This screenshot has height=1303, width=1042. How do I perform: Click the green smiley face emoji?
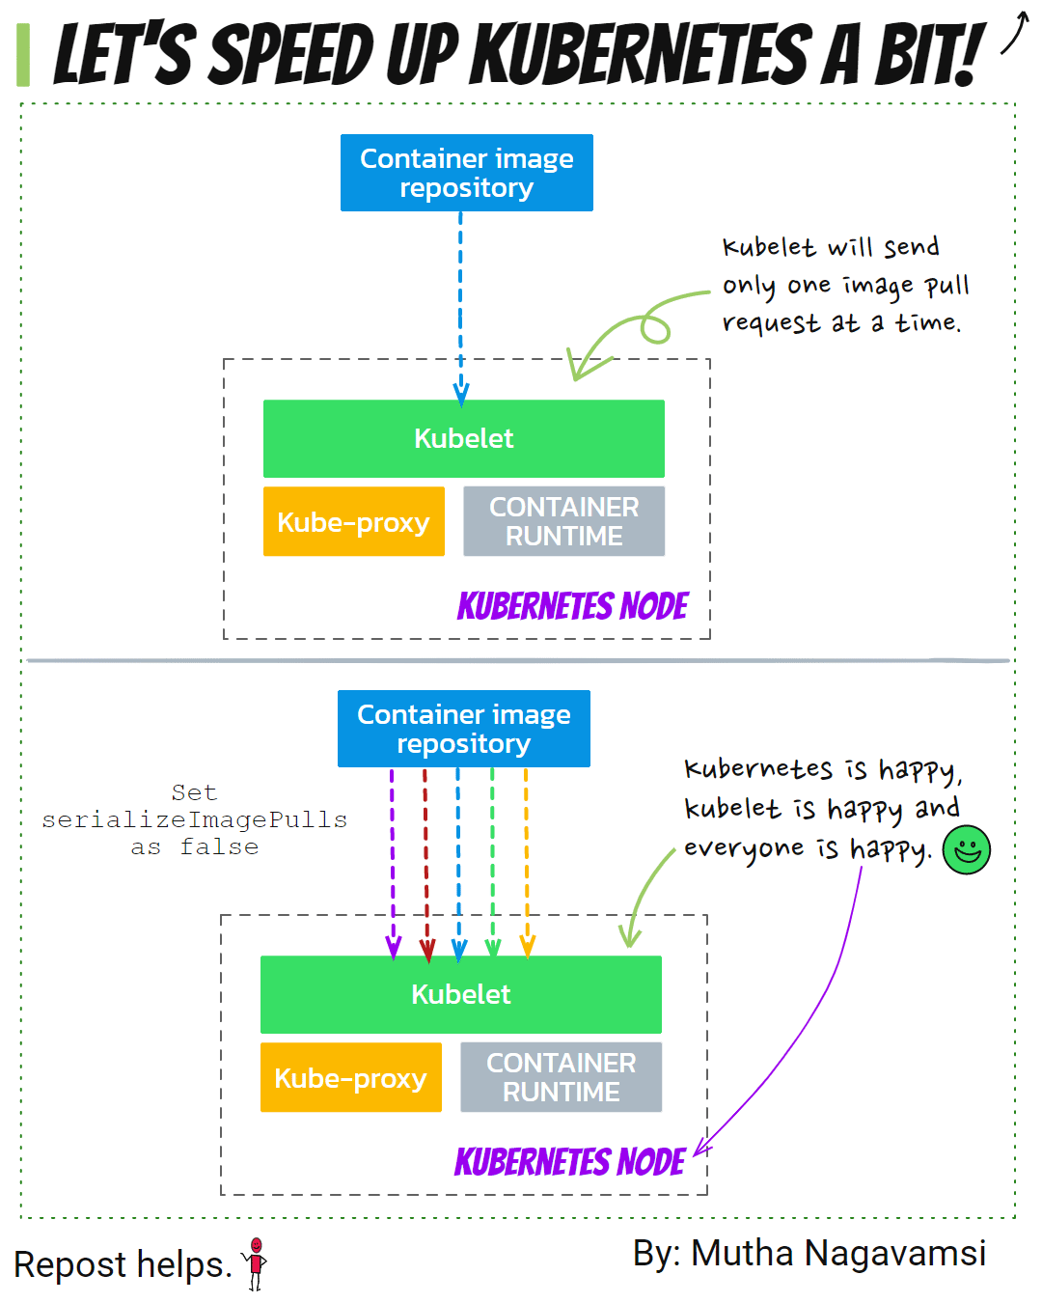[966, 849]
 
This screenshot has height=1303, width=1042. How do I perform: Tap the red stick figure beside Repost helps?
[256, 1263]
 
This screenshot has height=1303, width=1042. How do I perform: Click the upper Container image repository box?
[466, 173]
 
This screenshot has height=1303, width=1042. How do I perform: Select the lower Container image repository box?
[463, 729]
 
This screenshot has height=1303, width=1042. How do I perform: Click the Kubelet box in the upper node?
[463, 438]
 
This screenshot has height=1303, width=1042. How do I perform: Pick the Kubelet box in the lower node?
[460, 994]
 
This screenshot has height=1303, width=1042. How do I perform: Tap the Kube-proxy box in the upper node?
[353, 521]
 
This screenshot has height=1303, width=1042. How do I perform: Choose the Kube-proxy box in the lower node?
[350, 1077]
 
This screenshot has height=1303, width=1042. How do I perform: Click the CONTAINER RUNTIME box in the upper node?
[563, 521]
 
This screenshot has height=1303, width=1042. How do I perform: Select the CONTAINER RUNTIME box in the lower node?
[561, 1077]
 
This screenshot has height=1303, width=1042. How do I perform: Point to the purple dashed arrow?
[393, 863]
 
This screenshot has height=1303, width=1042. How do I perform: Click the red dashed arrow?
[425, 863]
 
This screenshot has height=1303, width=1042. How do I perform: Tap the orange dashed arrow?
[526, 863]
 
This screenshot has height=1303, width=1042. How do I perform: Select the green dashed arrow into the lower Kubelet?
[492, 863]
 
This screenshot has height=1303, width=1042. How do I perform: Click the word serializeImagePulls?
[194, 819]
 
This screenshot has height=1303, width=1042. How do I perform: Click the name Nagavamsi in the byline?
[895, 1253]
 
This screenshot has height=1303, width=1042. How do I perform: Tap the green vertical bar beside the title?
[23, 54]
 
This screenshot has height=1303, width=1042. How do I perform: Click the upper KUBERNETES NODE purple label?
[572, 605]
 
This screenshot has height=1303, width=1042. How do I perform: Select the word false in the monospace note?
[219, 846]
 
